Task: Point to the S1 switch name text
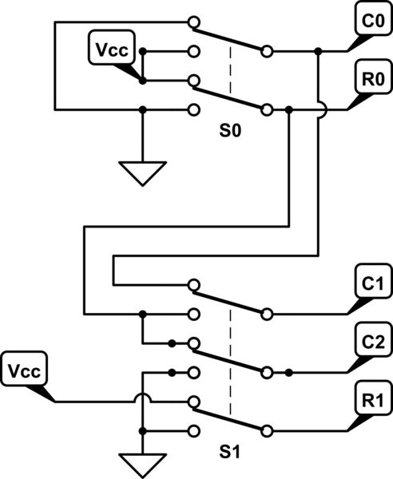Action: pos(230,452)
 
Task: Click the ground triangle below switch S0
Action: pos(142,172)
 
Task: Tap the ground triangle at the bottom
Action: pos(142,462)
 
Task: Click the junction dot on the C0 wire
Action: pos(319,52)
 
